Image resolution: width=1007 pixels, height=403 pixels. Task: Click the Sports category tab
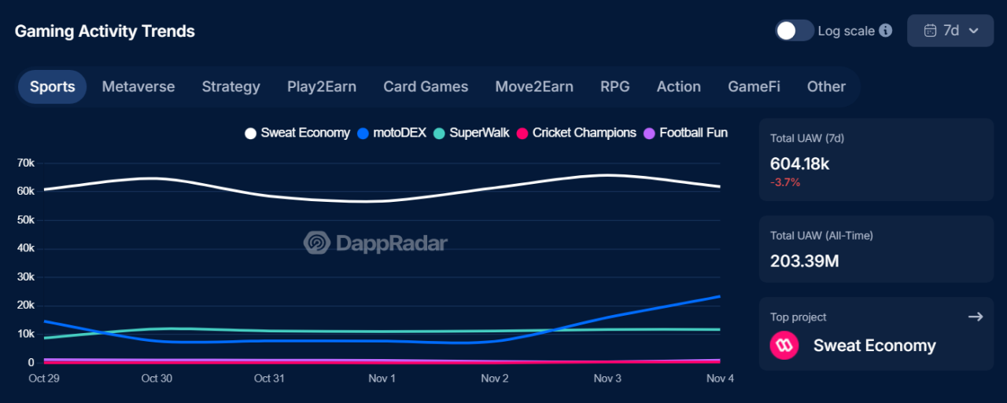point(53,86)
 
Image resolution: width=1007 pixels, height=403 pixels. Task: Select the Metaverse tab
point(138,86)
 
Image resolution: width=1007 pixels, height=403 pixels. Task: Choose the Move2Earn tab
point(534,86)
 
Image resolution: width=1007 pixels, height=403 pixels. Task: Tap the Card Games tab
point(426,86)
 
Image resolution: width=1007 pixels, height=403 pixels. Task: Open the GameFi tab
point(754,86)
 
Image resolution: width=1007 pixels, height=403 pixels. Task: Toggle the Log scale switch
point(794,31)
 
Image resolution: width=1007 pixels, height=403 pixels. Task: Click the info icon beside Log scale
point(886,31)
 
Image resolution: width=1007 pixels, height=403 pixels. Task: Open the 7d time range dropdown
point(950,31)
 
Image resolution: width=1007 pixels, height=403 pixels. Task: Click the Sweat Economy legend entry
point(297,133)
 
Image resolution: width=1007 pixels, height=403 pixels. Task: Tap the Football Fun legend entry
point(685,133)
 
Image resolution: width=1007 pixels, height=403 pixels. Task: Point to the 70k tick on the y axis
point(25,163)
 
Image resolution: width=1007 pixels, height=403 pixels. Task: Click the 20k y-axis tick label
point(25,305)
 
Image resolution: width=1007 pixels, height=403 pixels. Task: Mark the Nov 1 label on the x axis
point(382,379)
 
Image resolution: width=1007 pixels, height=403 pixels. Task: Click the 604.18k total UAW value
point(799,163)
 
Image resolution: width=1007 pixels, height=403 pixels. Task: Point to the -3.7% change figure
point(785,182)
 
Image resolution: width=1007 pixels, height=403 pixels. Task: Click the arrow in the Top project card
point(976,317)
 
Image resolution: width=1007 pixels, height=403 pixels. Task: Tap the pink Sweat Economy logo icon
point(784,346)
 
